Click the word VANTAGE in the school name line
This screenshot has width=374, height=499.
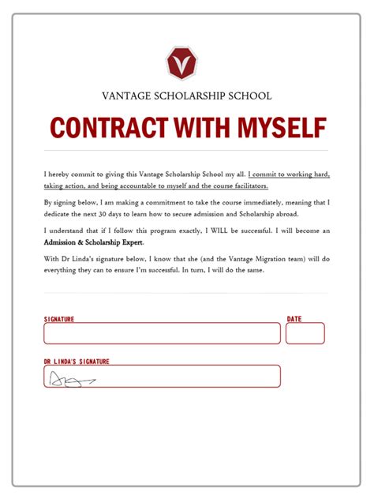point(125,96)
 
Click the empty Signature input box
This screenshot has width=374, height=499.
point(162,333)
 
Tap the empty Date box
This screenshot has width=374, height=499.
point(305,333)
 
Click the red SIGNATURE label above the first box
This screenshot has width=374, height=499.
point(59,319)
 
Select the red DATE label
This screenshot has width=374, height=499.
point(294,319)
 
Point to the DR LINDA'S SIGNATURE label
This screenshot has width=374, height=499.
point(77,362)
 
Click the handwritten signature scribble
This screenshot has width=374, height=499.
point(72,381)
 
